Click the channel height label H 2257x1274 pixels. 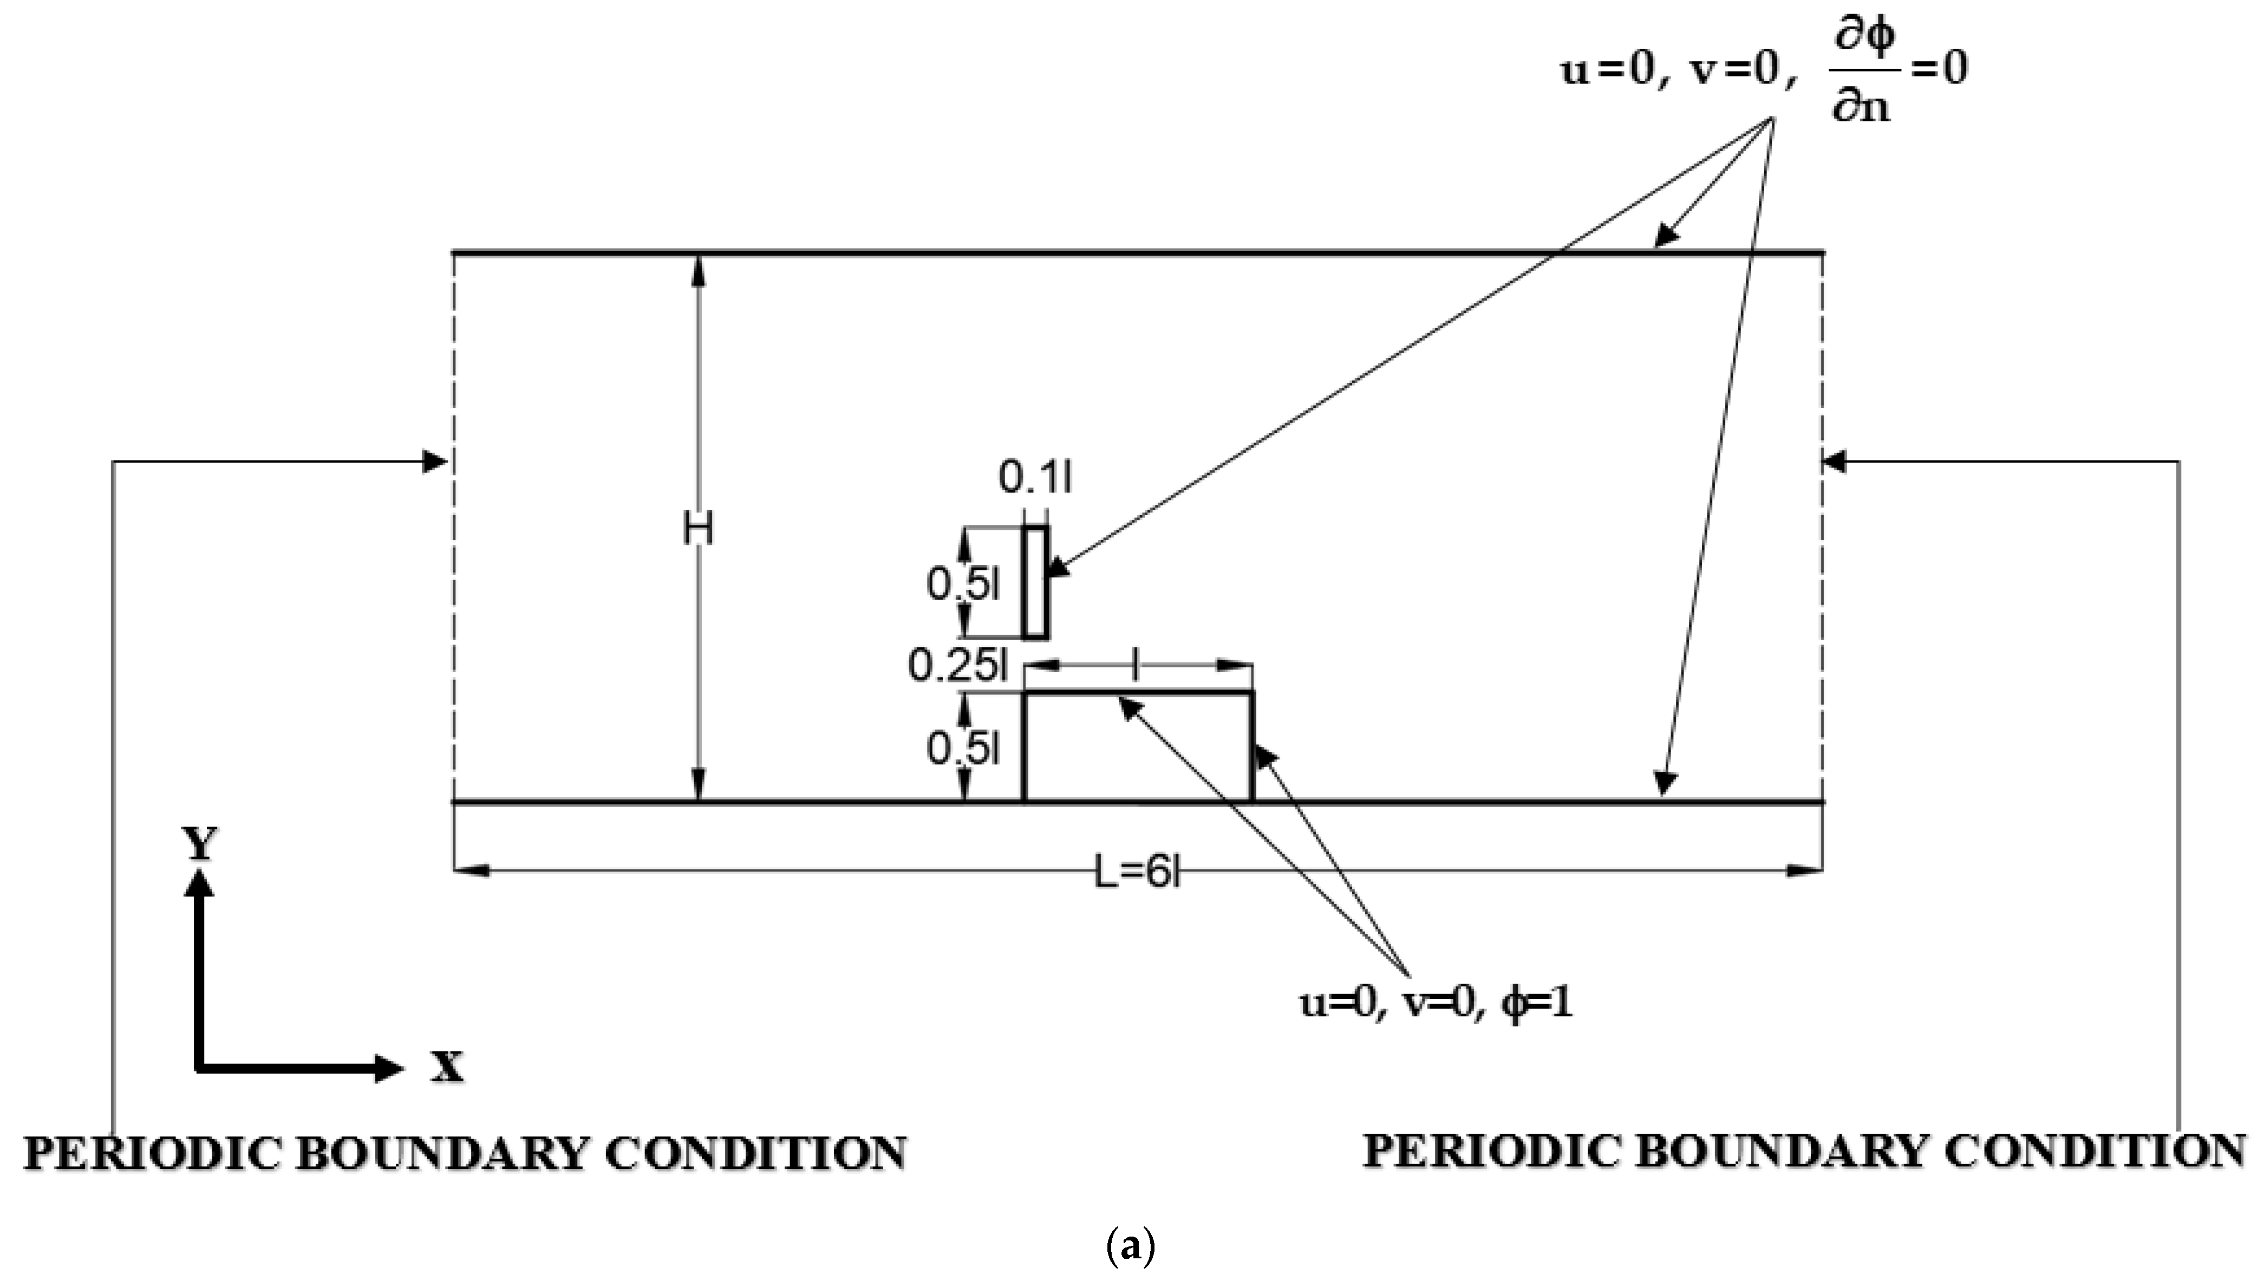699,529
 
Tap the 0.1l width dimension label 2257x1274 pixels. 1035,478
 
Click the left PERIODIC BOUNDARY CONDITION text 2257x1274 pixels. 465,1153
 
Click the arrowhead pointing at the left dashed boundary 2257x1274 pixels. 435,461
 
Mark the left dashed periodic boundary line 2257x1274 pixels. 454,526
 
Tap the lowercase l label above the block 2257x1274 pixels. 1137,668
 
